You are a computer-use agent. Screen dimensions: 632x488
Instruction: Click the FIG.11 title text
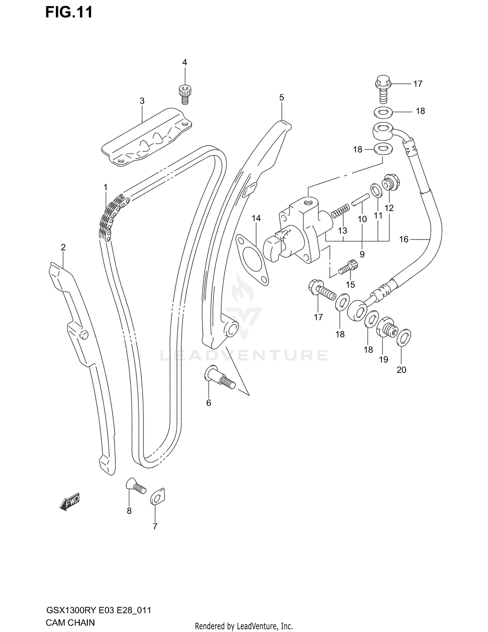click(69, 12)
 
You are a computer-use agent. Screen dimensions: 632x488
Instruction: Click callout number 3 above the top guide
click(142, 101)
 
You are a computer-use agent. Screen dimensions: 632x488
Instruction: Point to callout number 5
click(281, 97)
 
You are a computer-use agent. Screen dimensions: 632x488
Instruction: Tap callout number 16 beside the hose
click(403, 239)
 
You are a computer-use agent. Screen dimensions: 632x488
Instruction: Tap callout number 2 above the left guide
click(63, 247)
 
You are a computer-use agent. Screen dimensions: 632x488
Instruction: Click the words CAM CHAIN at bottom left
click(70, 623)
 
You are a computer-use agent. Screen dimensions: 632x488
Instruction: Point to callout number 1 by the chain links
click(105, 187)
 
